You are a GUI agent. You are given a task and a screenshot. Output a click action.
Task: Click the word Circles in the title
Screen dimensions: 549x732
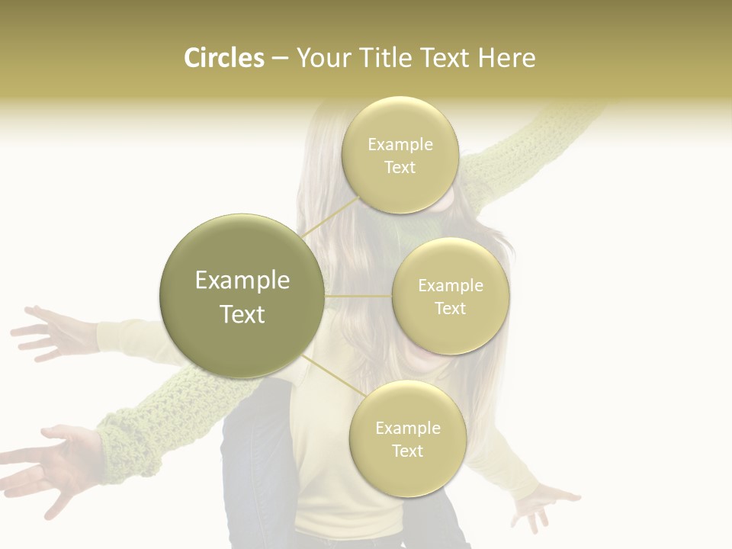pos(223,58)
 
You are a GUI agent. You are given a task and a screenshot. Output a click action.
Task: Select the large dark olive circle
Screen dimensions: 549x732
pos(242,296)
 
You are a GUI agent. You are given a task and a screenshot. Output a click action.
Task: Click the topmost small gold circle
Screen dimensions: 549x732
pos(400,155)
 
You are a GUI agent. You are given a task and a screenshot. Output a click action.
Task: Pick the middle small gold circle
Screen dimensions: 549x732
pos(451,296)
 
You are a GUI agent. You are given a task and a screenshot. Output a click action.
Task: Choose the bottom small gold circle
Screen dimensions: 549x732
pos(407,438)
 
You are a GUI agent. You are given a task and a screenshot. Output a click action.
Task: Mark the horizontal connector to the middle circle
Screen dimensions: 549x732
pos(358,295)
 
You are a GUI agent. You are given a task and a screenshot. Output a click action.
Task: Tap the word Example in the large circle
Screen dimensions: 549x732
pos(242,281)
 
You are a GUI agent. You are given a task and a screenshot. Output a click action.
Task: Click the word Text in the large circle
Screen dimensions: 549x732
pos(242,314)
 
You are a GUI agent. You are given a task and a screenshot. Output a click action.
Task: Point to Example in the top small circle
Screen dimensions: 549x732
pos(400,145)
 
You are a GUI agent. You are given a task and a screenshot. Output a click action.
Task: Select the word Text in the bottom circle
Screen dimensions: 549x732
pos(407,451)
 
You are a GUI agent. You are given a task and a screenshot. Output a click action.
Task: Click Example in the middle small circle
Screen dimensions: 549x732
pos(451,286)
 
